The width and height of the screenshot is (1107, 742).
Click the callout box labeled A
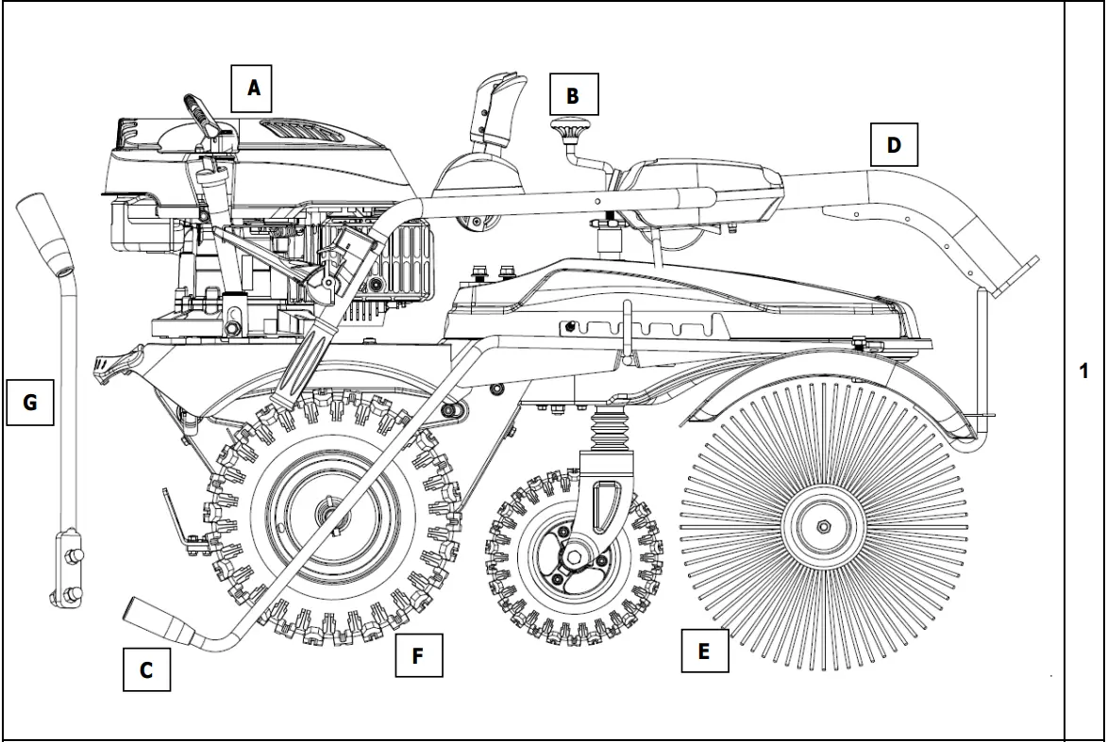tap(253, 89)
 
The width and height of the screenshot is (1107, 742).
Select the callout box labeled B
tap(573, 95)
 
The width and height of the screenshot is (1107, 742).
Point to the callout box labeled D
tap(894, 144)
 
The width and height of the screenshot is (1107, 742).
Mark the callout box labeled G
tap(29, 403)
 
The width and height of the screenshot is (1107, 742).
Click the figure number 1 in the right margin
tap(1084, 371)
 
